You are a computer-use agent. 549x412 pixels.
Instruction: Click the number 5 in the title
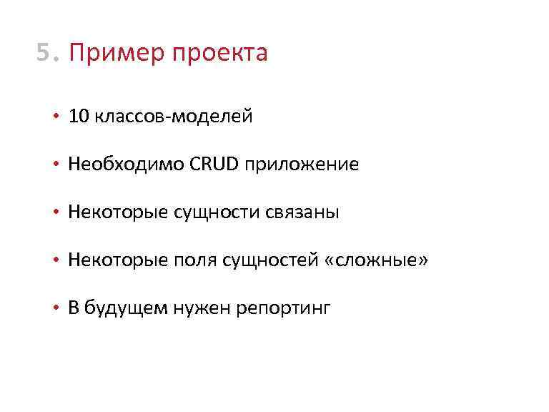point(44,52)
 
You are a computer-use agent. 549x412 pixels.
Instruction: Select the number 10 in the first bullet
point(78,117)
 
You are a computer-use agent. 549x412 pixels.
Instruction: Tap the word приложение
point(302,165)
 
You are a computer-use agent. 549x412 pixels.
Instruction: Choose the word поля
point(192,261)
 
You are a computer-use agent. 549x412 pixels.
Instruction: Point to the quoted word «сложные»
point(376,260)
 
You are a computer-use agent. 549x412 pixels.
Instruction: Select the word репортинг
point(285,310)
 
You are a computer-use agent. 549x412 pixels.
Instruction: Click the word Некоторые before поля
point(119,260)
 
